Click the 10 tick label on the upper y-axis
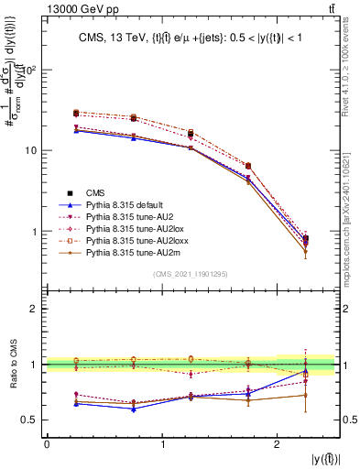(34, 150)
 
